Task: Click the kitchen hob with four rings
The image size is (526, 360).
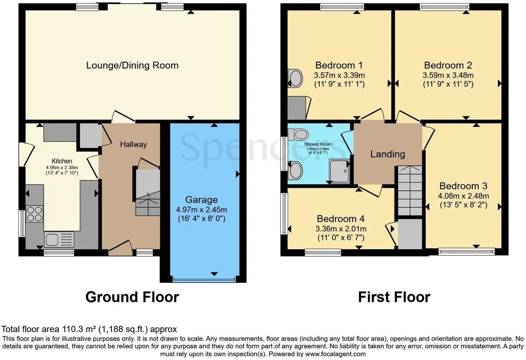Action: pyautogui.click(x=35, y=214)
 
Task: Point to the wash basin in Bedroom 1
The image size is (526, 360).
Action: pyautogui.click(x=295, y=78)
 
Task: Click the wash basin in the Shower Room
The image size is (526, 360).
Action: pyautogui.click(x=296, y=170)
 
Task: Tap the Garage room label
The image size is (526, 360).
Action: pyautogui.click(x=201, y=200)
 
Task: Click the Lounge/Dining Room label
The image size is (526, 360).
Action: pyautogui.click(x=132, y=65)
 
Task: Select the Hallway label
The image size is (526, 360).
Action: pyautogui.click(x=133, y=144)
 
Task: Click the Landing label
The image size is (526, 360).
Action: pyautogui.click(x=388, y=154)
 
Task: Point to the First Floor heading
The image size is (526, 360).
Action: pyautogui.click(x=394, y=297)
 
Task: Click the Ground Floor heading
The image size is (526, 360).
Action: pyautogui.click(x=132, y=297)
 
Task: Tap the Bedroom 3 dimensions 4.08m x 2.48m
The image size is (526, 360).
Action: pyautogui.click(x=463, y=196)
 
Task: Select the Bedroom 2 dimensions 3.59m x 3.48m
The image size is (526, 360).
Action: pyautogui.click(x=448, y=75)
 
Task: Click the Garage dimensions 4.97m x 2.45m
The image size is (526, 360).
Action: pyautogui.click(x=201, y=210)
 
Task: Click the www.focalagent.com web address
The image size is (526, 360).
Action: pyautogui.click(x=335, y=354)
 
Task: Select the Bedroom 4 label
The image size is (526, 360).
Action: pyautogui.click(x=341, y=219)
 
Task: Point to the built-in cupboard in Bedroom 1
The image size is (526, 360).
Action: pyautogui.click(x=297, y=108)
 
